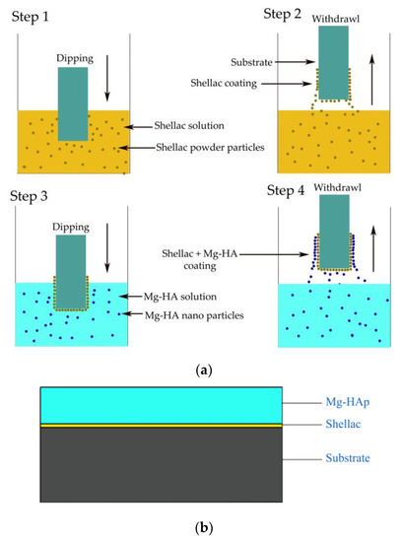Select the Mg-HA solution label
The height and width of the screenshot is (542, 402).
[191, 297]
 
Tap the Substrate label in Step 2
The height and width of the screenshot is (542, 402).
[235, 62]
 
